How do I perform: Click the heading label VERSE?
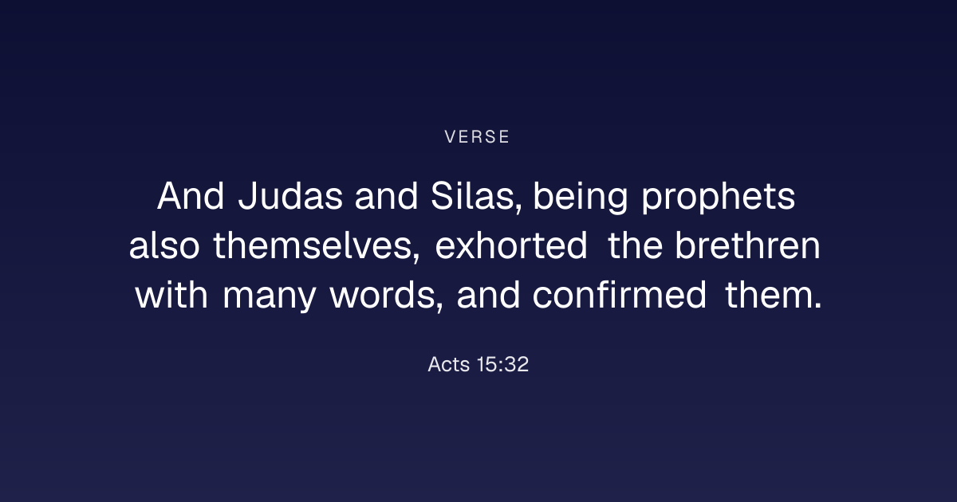477,137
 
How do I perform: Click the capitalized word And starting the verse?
191,196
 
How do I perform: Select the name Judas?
290,196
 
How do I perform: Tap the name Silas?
476,196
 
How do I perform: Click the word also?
164,245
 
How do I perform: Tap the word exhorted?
511,245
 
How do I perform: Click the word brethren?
748,245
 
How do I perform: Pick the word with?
171,295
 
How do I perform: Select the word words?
387,295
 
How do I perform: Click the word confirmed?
620,295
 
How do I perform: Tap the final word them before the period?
769,295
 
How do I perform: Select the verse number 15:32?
503,364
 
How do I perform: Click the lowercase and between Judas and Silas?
386,196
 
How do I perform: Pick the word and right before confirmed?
488,295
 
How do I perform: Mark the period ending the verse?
818,306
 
